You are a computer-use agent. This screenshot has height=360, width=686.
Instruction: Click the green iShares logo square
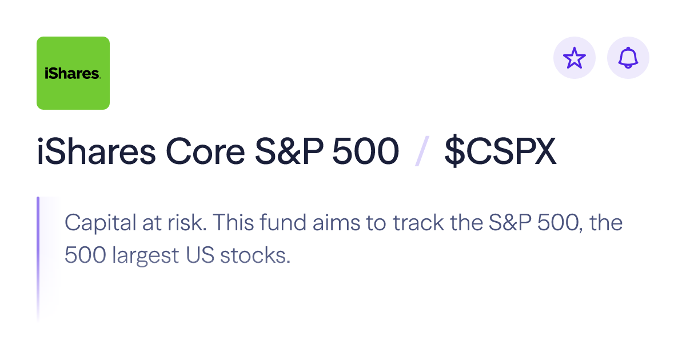tap(73, 73)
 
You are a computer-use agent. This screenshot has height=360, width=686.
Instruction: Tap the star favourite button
tap(575, 58)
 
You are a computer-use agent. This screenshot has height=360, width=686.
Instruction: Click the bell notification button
tap(628, 58)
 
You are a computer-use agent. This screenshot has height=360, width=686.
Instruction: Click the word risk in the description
tap(186, 223)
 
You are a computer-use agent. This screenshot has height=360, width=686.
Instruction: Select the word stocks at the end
tap(260, 255)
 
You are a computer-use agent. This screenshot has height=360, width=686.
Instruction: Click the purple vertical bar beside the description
tap(38, 246)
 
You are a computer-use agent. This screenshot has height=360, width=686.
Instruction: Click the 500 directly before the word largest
tap(86, 255)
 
